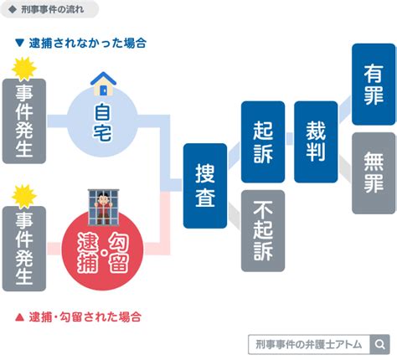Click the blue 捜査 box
point(205,186)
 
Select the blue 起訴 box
point(263,141)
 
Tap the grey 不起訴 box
point(263,231)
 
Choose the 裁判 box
point(316,141)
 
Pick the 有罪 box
point(374,85)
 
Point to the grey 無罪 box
point(374,173)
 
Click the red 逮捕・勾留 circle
point(102,250)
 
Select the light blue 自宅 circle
point(102,121)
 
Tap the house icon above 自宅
point(103,84)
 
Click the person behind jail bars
point(103,207)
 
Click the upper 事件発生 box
point(24,121)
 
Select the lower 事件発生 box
point(24,249)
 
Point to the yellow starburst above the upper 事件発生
point(24,69)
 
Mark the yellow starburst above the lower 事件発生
point(24,197)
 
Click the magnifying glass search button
point(379,344)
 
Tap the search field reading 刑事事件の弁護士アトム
point(309,344)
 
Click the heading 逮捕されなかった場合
point(88,44)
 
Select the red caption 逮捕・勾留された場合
point(85,317)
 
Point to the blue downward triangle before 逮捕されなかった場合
point(19,43)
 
